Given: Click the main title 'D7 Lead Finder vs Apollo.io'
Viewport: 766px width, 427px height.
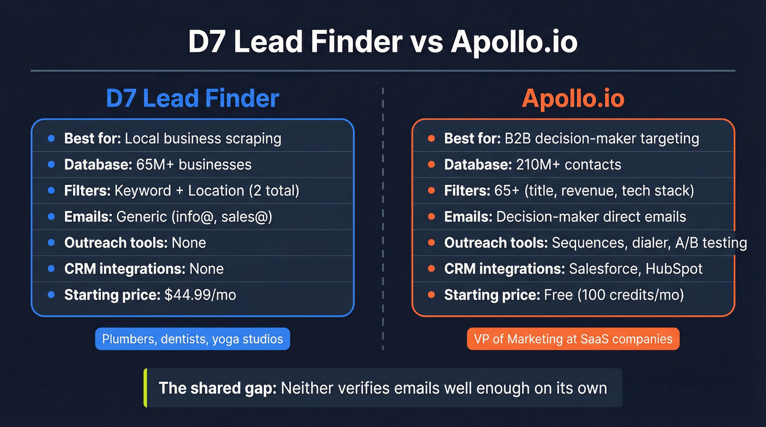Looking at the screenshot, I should pos(382,43).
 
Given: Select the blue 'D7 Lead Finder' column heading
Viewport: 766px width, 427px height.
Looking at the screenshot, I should pos(193,99).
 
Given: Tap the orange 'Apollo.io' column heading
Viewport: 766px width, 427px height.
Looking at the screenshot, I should pos(573,99).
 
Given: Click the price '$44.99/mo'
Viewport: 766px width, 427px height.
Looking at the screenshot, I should pos(200,295).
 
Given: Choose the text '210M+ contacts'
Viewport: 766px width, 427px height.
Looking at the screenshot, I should pos(568,165).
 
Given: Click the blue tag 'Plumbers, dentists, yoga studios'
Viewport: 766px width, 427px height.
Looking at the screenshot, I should pos(193,339).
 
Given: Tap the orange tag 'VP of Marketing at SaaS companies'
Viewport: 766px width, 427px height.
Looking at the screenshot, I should pos(573,339).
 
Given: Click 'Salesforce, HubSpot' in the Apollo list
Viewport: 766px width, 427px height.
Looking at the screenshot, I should pos(636,269).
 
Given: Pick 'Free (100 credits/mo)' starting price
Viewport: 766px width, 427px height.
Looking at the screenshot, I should pos(614,295).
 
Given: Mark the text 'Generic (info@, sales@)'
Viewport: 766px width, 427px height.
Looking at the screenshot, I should pos(194,217).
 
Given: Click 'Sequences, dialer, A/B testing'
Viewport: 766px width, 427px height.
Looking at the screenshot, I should pos(649,243).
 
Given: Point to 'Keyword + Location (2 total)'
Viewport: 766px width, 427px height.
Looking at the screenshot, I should pos(207,191).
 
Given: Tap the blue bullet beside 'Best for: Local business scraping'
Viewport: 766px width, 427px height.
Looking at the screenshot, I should pos(51,138).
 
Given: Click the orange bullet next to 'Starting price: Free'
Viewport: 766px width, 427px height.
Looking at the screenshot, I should pos(431,295).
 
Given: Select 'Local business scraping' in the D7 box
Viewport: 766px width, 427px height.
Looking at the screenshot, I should pos(203,138).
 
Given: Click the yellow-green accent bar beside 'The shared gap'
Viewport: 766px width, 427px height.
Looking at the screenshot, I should pos(146,388).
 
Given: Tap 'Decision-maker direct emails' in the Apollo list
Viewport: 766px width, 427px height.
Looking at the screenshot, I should pos(591,217).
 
